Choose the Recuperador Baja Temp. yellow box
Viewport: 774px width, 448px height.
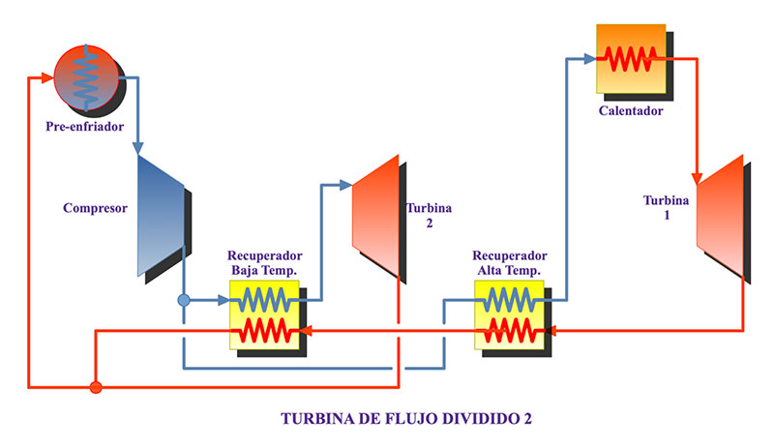pos(264,314)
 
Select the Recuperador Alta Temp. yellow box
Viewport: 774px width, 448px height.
pos(510,314)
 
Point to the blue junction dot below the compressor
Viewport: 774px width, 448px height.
pos(184,300)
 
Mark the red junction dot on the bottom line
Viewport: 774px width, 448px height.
pos(95,387)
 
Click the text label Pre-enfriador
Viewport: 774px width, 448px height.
pos(85,126)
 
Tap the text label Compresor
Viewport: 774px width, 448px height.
pos(96,208)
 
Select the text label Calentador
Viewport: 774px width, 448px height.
pos(631,110)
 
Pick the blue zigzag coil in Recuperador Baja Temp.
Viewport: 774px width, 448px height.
pos(264,299)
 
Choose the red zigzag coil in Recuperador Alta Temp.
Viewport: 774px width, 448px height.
pos(510,331)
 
